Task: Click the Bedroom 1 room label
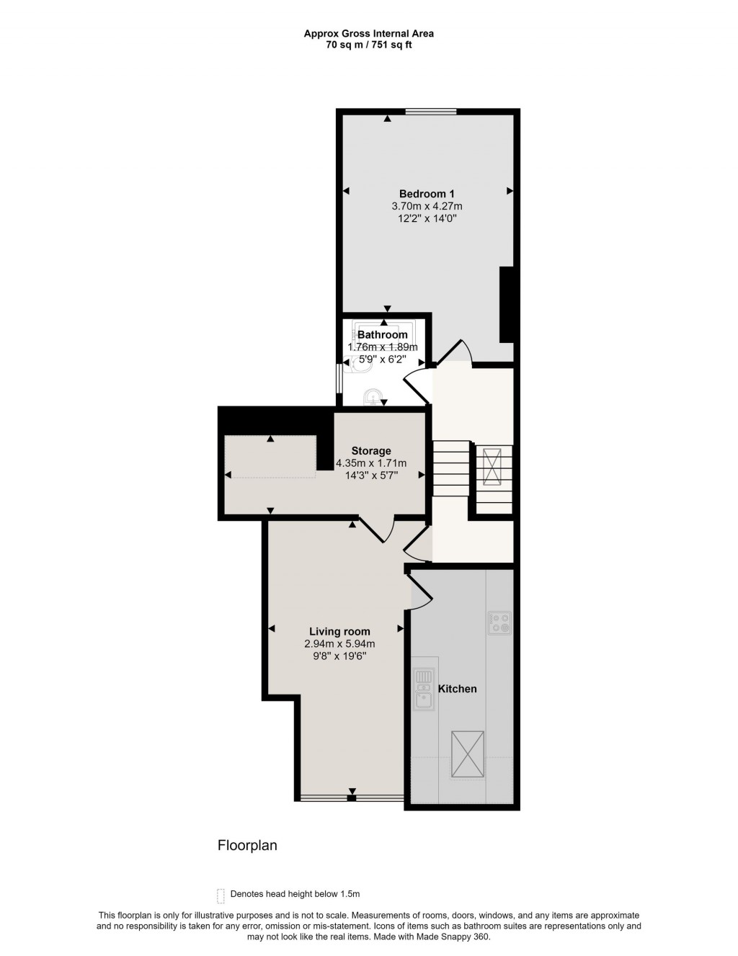point(427,194)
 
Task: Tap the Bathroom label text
point(383,335)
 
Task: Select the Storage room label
point(371,451)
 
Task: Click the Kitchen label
point(458,689)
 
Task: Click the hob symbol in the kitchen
point(499,622)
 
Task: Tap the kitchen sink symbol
point(423,689)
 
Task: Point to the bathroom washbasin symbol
point(373,396)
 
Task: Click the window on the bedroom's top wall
point(431,111)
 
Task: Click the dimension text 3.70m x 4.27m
point(427,206)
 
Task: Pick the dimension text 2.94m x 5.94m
point(339,644)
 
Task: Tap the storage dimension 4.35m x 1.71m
point(371,463)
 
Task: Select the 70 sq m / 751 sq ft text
point(368,45)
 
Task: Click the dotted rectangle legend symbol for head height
point(221,895)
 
